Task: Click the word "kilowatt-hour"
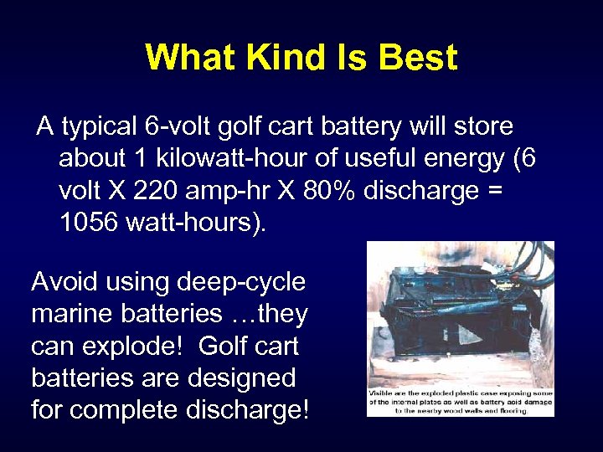pyautogui.click(x=220, y=159)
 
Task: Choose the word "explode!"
pyautogui.click(x=129, y=347)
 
